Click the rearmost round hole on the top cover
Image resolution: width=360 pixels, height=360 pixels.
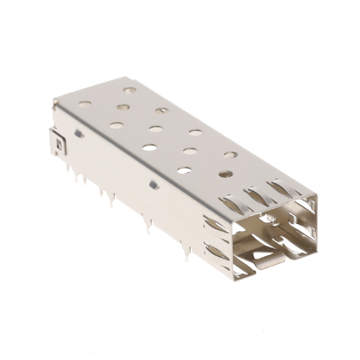coord(130,90)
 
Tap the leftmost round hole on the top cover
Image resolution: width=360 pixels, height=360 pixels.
coord(85,104)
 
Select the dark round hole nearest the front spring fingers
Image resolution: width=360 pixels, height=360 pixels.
coord(226,174)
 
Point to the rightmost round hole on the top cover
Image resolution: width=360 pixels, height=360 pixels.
coord(231,154)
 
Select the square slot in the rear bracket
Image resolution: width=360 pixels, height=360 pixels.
coord(60,145)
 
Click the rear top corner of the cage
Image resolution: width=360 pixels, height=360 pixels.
coord(56,101)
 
